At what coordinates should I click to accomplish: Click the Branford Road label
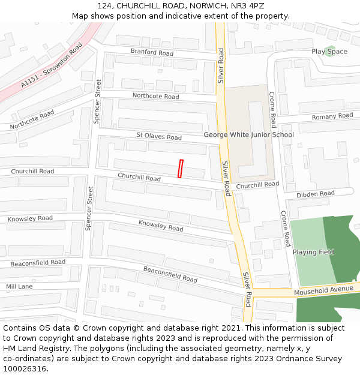[152, 53]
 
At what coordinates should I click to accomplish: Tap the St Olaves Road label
[158, 137]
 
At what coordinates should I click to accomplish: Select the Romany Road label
[332, 116]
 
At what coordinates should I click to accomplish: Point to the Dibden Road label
[315, 194]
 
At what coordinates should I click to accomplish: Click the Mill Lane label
[19, 287]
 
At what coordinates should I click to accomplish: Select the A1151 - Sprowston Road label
[52, 65]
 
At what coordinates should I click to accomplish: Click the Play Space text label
[329, 52]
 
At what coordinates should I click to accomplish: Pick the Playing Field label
[313, 252]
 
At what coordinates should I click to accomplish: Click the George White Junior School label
[248, 134]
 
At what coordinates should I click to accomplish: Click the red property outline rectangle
[180, 169]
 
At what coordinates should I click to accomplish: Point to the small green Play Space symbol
[329, 51]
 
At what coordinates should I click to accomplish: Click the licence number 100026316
[25, 369]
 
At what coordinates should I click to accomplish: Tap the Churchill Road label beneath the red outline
[139, 178]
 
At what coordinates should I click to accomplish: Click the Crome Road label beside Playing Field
[285, 228]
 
